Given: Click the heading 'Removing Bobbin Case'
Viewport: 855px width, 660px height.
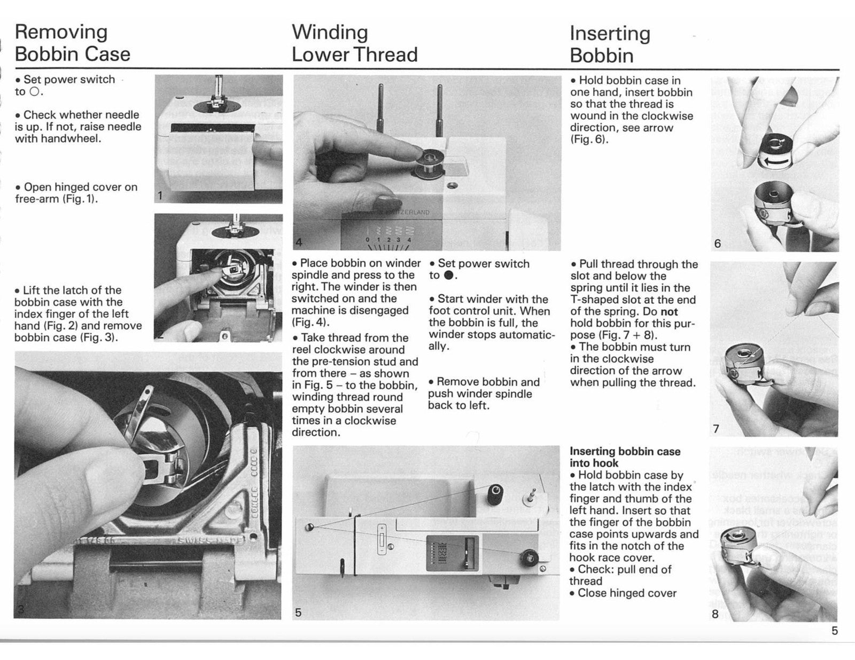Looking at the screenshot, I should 72,43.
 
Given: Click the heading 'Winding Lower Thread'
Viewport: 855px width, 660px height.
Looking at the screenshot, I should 354,43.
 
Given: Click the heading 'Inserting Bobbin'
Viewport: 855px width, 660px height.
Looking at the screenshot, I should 609,44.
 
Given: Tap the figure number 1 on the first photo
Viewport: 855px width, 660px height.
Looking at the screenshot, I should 160,196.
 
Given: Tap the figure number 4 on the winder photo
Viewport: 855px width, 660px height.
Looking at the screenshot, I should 299,242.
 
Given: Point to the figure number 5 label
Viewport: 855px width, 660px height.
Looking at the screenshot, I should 298,612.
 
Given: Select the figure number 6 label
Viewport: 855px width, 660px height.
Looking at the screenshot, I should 717,244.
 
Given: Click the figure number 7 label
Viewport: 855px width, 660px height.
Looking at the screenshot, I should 716,429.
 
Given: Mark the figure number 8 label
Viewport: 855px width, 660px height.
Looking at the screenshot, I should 715,614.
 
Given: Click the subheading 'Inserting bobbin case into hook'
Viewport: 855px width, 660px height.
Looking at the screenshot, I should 625,457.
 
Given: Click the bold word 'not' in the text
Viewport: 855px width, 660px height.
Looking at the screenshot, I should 669,311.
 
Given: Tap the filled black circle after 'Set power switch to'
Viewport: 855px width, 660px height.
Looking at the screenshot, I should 449,276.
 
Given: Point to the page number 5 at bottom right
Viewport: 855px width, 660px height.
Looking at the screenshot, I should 834,631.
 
